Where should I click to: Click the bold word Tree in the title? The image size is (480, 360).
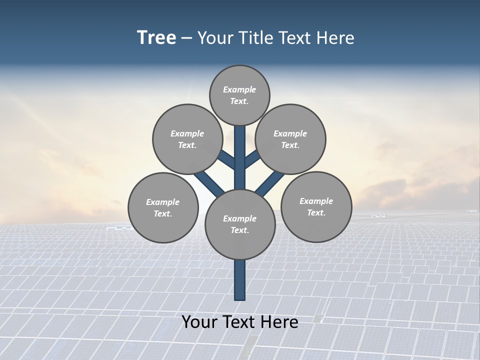156,38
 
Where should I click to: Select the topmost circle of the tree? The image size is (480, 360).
239,95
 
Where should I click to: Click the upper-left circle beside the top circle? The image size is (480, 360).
187,139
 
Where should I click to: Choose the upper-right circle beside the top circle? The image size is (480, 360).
290,139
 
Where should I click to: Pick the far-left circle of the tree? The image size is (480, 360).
163,207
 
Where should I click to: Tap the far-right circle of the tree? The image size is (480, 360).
316,206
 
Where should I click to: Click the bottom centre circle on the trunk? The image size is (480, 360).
240,224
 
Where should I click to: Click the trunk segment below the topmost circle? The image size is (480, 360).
240,150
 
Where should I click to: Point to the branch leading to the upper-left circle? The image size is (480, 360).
226,159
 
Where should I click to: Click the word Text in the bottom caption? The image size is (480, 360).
237,322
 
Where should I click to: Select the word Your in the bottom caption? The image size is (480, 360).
199,322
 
